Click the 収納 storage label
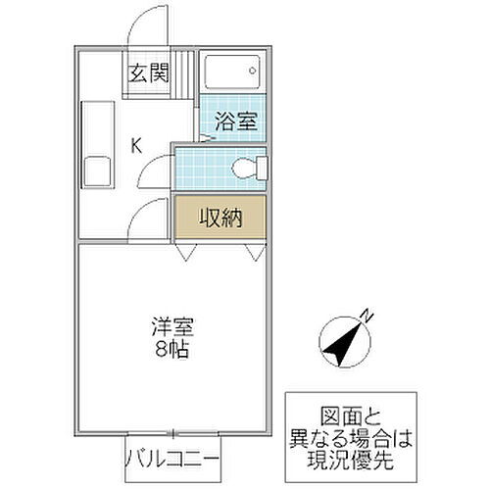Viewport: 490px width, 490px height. (220, 216)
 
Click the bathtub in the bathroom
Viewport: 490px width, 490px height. (231, 73)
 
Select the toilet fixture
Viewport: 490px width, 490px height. (249, 169)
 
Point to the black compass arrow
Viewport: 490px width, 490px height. (339, 343)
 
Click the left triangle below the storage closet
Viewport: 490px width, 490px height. (185, 254)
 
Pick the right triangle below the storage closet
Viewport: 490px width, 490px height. (256, 254)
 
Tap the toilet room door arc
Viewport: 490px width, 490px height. (157, 172)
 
